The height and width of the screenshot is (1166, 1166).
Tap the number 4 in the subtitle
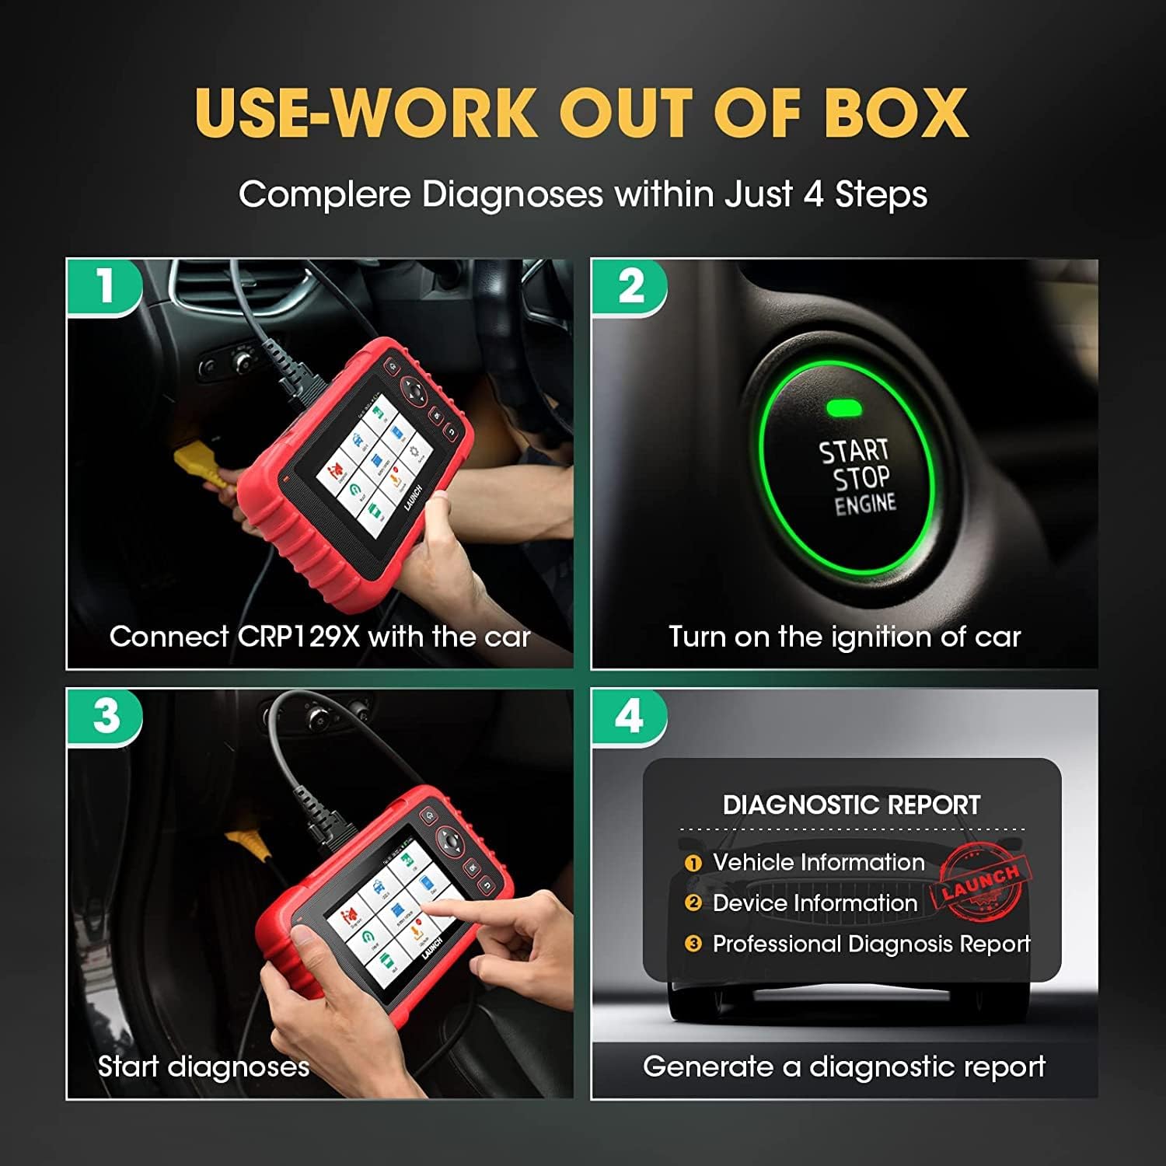(x=813, y=194)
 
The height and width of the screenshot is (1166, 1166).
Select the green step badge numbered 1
(x=104, y=286)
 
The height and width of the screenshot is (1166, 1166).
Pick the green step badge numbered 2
(x=630, y=286)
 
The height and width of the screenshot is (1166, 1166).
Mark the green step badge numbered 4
(x=630, y=716)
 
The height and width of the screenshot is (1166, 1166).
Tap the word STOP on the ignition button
(x=861, y=479)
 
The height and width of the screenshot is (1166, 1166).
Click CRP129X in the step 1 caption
(x=298, y=637)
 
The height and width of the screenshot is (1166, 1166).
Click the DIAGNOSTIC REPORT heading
(x=851, y=805)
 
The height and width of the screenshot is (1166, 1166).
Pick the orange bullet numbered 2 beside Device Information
(x=693, y=902)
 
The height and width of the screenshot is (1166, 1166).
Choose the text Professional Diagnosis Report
(x=871, y=944)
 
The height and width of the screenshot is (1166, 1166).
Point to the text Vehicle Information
(x=819, y=862)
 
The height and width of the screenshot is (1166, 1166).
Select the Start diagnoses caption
(x=204, y=1067)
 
